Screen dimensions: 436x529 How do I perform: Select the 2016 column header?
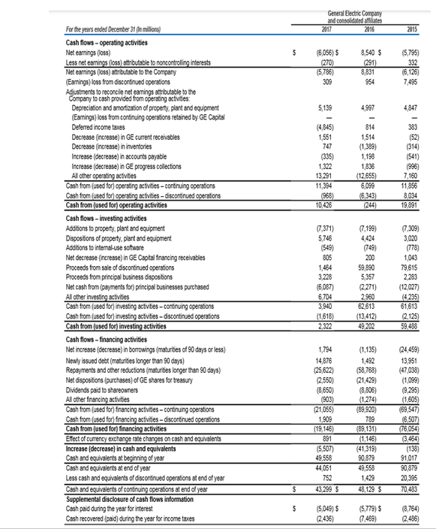coord(368,29)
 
